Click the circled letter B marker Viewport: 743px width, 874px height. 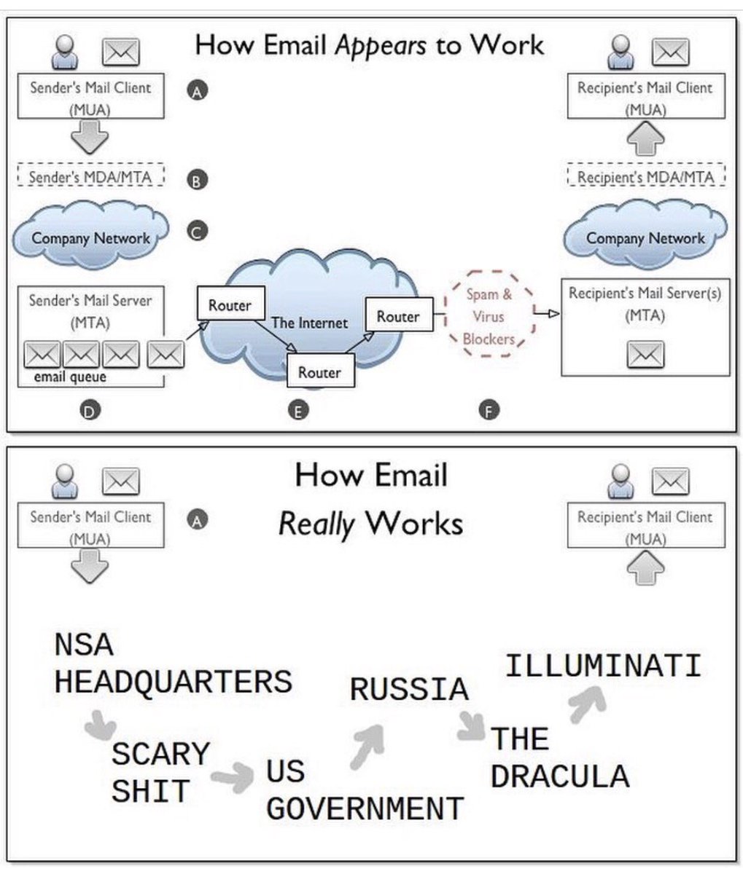[197, 180]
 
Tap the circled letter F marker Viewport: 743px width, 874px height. [488, 412]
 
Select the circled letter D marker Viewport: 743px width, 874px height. [90, 412]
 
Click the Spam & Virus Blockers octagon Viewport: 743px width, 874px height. [489, 316]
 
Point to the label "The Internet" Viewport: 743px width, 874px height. [309, 323]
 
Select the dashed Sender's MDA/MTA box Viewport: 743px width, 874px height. [90, 177]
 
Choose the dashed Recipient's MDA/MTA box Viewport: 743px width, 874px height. [645, 177]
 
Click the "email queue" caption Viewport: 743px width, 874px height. [70, 377]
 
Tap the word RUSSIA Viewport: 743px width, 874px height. [408, 690]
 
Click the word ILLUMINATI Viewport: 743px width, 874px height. [603, 666]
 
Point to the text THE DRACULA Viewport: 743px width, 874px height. [559, 757]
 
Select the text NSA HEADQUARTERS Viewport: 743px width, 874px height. [173, 663]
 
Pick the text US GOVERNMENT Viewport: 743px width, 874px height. [365, 790]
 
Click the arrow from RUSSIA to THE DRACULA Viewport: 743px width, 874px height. [471, 726]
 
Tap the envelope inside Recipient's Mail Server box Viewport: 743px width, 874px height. [645, 355]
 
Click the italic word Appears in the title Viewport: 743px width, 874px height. [381, 45]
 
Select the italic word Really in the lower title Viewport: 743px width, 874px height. [316, 524]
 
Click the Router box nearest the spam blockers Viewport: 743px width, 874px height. [397, 317]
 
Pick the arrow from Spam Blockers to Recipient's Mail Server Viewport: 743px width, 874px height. [547, 313]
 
